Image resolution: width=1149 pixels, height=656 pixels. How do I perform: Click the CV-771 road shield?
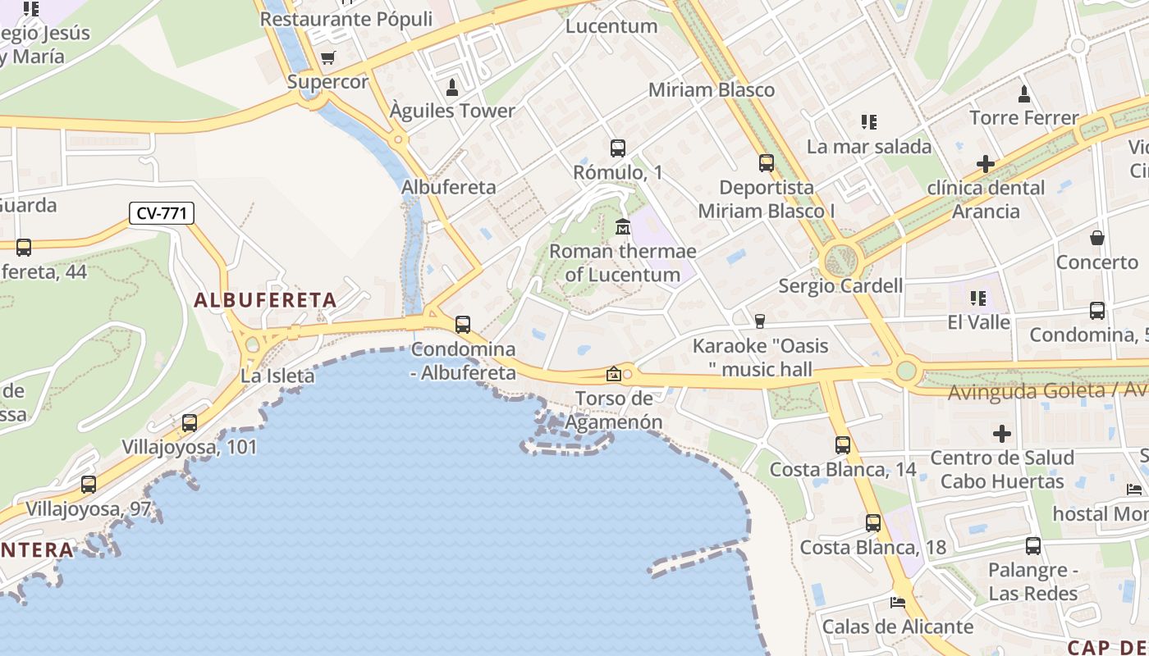click(x=162, y=214)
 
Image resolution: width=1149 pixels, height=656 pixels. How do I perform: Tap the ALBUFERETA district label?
click(x=265, y=300)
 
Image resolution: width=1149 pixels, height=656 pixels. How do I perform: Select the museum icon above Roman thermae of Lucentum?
click(x=622, y=226)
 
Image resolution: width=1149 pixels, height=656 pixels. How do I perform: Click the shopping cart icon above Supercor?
click(x=328, y=57)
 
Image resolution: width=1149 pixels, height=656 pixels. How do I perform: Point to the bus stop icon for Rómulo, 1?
click(x=618, y=148)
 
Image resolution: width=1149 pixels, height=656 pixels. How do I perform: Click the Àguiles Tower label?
click(x=452, y=111)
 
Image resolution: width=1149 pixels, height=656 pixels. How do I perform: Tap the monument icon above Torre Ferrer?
click(x=1023, y=94)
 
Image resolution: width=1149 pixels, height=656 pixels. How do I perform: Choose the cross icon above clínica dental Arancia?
click(x=985, y=164)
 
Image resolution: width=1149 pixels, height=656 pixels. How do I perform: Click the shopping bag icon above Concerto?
click(x=1097, y=239)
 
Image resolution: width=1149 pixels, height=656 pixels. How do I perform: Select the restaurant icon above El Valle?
click(x=977, y=298)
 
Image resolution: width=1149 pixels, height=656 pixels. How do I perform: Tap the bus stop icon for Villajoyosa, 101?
click(x=190, y=423)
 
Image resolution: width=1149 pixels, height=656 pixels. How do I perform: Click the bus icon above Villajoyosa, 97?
click(x=89, y=485)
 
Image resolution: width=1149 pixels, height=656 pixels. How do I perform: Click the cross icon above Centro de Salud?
click(x=1001, y=433)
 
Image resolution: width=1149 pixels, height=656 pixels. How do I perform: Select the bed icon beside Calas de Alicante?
click(x=898, y=603)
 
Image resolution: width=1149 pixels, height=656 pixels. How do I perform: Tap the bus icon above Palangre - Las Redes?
click(x=1032, y=546)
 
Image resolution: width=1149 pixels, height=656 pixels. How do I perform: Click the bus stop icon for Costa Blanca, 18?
click(x=873, y=523)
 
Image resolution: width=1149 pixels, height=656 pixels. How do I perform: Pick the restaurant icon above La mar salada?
click(x=869, y=123)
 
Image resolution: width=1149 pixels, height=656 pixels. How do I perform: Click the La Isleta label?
click(x=277, y=376)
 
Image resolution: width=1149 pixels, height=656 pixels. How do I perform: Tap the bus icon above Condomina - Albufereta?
click(x=463, y=325)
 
